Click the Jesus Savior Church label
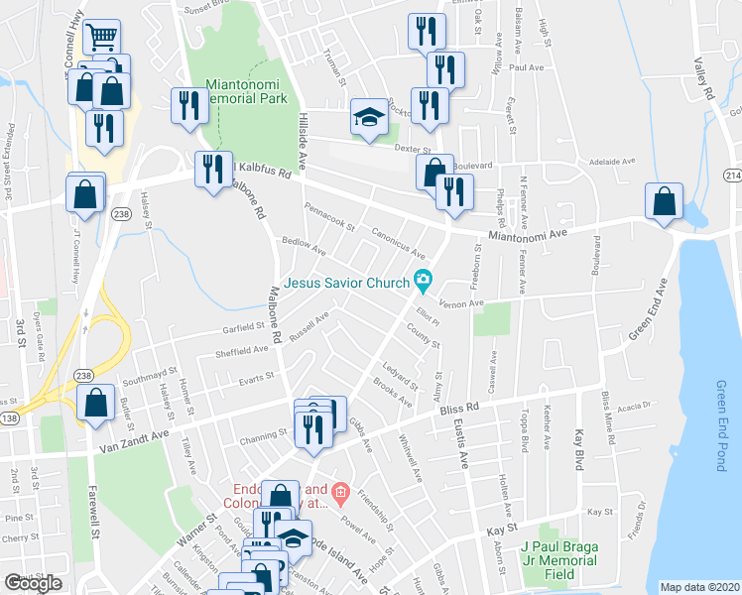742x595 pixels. (x=346, y=283)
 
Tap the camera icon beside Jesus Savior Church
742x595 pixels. (x=423, y=283)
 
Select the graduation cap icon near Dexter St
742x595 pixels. (x=368, y=119)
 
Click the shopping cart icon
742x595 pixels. (x=102, y=38)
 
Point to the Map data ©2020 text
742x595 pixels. (x=699, y=587)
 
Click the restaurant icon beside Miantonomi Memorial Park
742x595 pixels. (x=187, y=104)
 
